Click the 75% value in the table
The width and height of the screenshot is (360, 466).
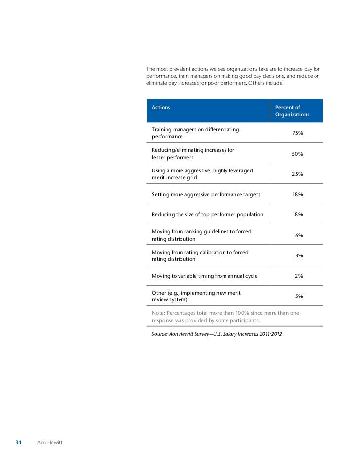point(298,133)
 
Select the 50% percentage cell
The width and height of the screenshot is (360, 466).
point(297,154)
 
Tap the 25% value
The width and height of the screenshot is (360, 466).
point(297,174)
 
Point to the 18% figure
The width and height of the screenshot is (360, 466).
point(297,195)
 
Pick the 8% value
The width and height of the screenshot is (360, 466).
point(299,215)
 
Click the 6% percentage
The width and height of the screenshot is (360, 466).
point(299,236)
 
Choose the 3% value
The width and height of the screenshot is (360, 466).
point(299,256)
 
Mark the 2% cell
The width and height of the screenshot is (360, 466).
point(299,276)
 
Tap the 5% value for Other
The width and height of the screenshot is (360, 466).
point(299,297)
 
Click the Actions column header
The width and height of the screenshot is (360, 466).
point(161,107)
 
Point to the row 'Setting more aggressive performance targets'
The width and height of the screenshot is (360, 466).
point(206,195)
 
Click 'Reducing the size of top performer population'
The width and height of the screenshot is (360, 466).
point(207,215)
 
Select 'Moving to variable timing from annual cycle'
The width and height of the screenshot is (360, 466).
point(204,276)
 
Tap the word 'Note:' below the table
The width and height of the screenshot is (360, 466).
point(158,313)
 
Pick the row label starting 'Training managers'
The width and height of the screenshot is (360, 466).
point(195,133)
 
